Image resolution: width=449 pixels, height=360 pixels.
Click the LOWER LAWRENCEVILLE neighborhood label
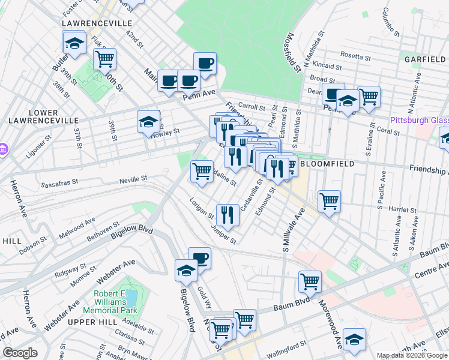point(35,116)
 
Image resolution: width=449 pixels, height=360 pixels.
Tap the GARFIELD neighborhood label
point(425,59)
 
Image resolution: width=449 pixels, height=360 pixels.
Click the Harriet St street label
point(403,210)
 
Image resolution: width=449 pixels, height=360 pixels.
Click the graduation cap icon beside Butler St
point(74,43)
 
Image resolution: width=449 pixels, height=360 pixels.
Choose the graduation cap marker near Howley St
point(148,122)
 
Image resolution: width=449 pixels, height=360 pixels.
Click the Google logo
point(20,353)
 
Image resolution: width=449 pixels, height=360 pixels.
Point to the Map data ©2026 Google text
point(412,355)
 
